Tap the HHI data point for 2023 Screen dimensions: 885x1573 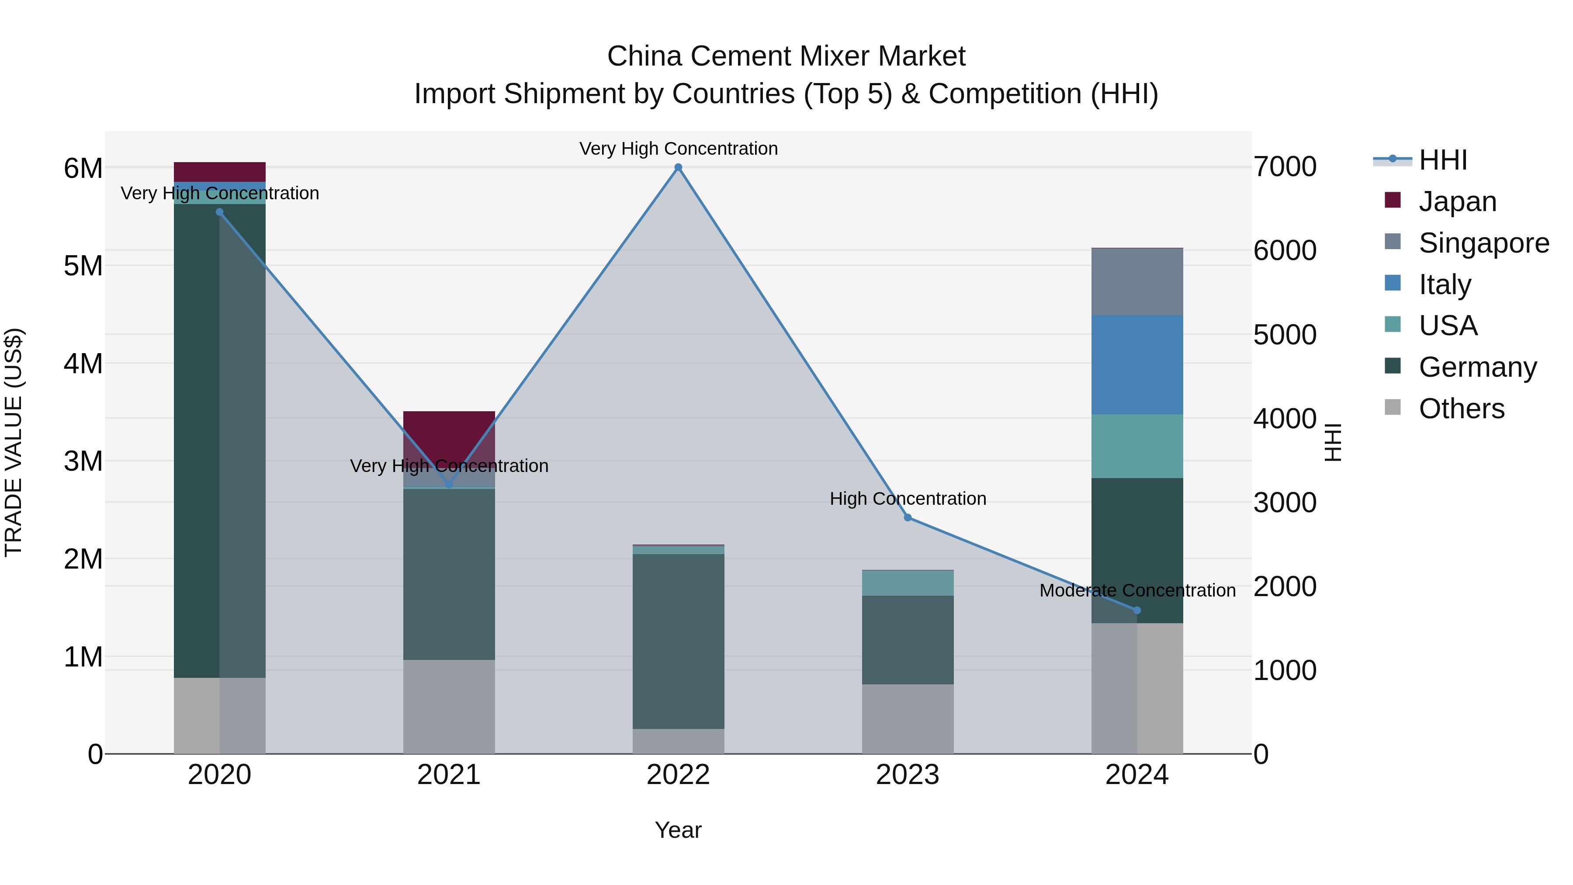click(908, 517)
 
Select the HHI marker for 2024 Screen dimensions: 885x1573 click(1137, 610)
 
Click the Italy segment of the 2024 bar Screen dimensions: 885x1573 click(1137, 364)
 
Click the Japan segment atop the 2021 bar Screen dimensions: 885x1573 click(449, 434)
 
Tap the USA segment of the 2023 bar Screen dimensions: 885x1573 click(908, 583)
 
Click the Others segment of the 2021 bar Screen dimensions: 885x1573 click(449, 706)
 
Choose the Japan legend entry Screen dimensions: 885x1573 click(1457, 201)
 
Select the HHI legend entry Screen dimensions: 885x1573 click(1442, 160)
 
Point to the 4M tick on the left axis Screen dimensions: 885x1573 click(83, 364)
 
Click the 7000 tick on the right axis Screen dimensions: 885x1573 click(1285, 167)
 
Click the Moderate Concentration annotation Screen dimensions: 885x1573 click(1137, 590)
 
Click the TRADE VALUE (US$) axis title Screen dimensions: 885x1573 click(14, 442)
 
